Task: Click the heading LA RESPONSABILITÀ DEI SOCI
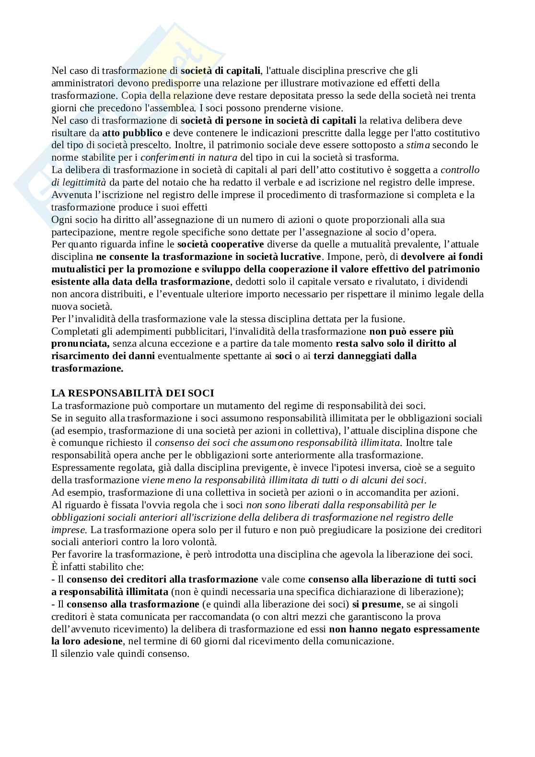click(133, 393)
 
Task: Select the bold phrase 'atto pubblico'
click(132, 133)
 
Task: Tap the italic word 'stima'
click(417, 145)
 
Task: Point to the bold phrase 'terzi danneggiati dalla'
click(365, 356)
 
